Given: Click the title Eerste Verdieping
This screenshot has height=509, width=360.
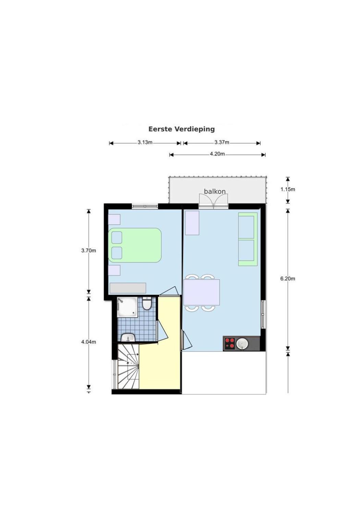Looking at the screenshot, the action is (181, 129).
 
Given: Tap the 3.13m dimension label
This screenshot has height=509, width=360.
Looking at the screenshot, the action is (145, 142).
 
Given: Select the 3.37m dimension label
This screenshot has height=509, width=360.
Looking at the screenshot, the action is (222, 142).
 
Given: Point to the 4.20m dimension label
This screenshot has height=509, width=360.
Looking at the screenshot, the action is (217, 154).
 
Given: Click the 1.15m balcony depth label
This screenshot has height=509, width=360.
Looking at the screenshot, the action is (288, 189).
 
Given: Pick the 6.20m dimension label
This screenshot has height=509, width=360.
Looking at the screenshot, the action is (288, 279).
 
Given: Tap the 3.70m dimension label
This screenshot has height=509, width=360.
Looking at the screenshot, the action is (88, 251).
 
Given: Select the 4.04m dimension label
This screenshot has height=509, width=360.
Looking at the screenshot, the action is (88, 342).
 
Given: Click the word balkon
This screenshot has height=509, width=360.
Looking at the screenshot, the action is (215, 191).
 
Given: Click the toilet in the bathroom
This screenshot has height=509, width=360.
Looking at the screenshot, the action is (147, 304).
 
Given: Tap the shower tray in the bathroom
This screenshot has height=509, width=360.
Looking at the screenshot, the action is (127, 307).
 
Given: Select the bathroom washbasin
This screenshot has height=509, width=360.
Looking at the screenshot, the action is (128, 338).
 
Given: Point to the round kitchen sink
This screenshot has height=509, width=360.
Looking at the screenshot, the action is (242, 343).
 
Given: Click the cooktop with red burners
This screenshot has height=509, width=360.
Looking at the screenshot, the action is (230, 343).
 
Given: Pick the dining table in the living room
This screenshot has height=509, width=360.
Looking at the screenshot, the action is (202, 292).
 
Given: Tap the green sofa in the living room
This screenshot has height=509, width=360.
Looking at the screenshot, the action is (248, 239).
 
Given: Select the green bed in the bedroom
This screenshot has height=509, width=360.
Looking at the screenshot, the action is (135, 246).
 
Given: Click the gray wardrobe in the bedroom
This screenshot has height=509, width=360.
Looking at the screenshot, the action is (128, 288).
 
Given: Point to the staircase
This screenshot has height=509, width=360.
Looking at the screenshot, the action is (128, 367).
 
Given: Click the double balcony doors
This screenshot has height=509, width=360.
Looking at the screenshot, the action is (214, 201).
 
